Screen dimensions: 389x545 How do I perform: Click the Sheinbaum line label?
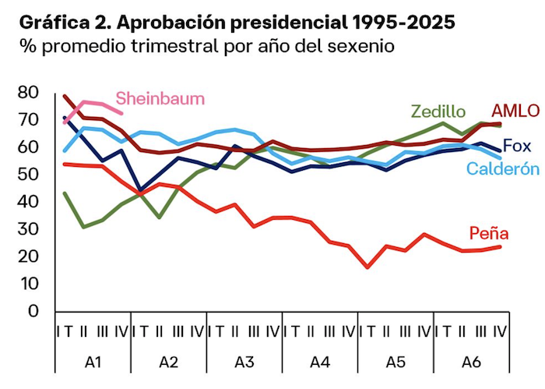(x=160, y=98)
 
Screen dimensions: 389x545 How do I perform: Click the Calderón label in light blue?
(x=502, y=169)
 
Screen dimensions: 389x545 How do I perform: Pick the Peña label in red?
(x=489, y=233)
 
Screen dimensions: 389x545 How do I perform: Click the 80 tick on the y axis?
(x=29, y=93)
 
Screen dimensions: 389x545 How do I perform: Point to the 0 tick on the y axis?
(x=33, y=311)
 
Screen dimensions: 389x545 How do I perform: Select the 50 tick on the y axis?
(x=29, y=175)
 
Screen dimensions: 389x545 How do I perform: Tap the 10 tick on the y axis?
(x=29, y=284)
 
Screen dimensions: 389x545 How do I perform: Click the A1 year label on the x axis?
(x=93, y=362)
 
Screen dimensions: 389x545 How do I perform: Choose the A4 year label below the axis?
(x=320, y=362)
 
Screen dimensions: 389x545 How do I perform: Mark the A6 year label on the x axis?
(x=472, y=362)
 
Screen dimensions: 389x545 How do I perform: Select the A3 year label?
(x=244, y=362)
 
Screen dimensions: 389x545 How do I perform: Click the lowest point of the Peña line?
(x=367, y=267)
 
